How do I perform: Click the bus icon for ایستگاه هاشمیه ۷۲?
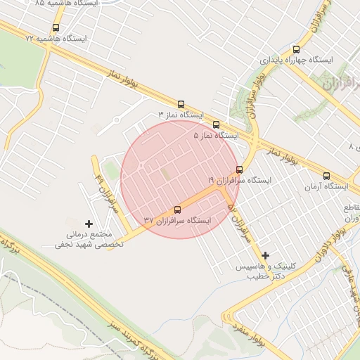[x=56, y=28]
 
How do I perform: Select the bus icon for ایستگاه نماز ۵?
[x=216, y=124]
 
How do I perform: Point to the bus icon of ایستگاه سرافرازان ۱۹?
[x=240, y=169]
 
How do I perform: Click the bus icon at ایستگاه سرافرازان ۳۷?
[x=176, y=210]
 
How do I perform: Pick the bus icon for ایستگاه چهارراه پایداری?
[x=296, y=50]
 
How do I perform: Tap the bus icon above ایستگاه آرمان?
[x=326, y=176]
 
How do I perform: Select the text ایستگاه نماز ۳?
[x=180, y=114]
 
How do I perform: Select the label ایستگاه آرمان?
[x=326, y=186]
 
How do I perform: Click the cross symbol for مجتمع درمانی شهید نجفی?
[x=88, y=224]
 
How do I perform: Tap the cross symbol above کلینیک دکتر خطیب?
[x=265, y=256]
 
